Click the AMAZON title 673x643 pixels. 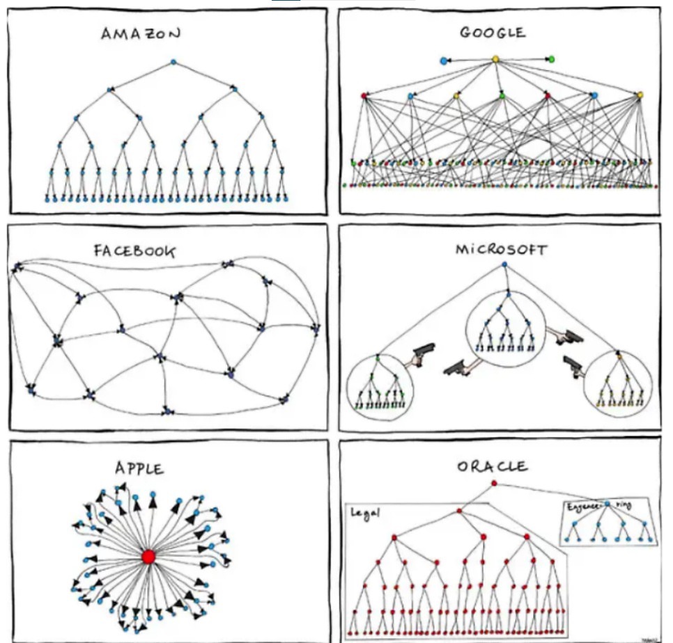coord(141,33)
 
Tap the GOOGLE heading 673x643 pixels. coord(493,33)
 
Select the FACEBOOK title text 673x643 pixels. coord(134,250)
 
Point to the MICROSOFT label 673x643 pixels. coord(501,249)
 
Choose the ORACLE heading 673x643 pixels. coord(493,466)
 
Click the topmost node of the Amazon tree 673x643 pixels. coord(173,63)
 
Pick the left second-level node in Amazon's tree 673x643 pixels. coord(109,89)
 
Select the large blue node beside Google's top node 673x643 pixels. coord(444,61)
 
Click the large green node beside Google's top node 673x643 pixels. coord(551,59)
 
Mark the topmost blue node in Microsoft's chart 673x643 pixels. coord(503,264)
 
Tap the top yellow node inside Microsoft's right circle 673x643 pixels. coord(618,356)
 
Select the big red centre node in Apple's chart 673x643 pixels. coord(148,557)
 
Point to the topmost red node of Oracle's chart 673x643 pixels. coord(494,483)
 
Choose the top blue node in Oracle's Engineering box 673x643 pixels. coord(608,503)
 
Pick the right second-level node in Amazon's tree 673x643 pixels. coord(235,89)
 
